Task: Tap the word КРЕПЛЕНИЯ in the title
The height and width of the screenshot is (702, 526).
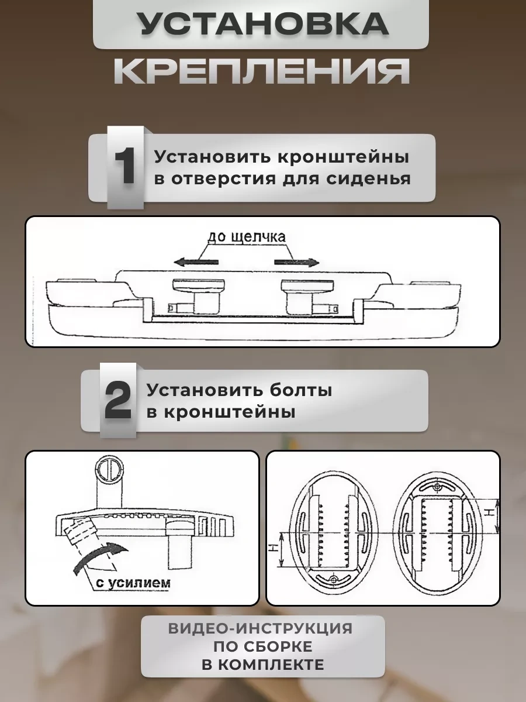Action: pyautogui.click(x=261, y=71)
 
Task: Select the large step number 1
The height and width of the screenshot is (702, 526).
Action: pyautogui.click(x=124, y=167)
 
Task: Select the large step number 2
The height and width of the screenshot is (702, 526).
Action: pyautogui.click(x=118, y=401)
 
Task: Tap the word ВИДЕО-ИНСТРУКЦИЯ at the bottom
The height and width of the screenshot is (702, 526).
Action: pyautogui.click(x=261, y=629)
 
